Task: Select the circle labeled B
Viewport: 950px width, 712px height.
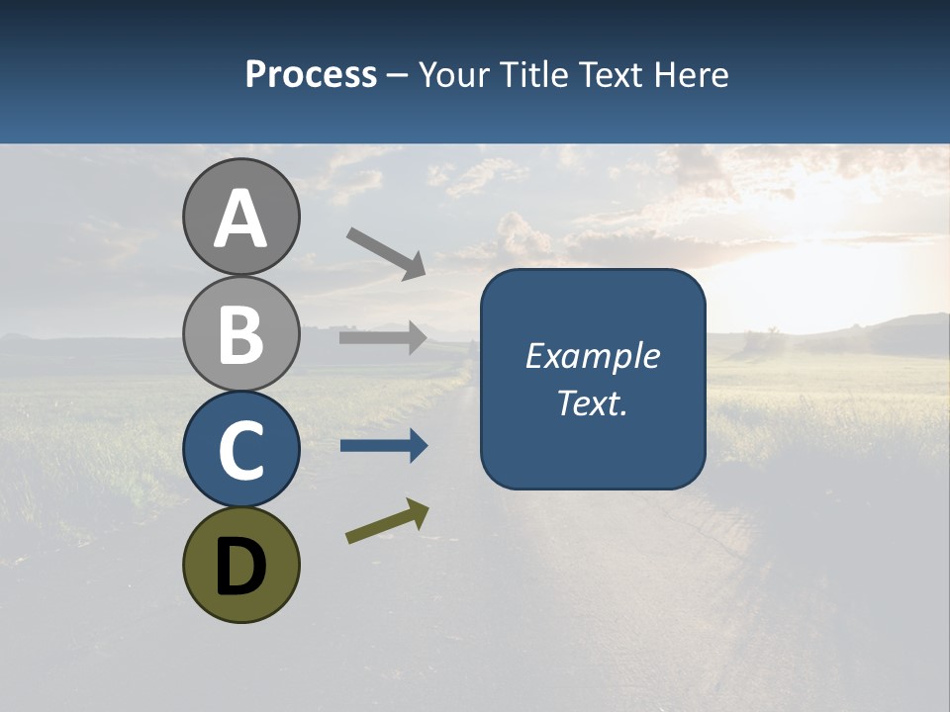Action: (240, 332)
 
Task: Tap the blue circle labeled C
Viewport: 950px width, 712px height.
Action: (240, 449)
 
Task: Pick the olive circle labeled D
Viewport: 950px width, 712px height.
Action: (240, 566)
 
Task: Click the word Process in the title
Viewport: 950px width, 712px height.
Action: (311, 74)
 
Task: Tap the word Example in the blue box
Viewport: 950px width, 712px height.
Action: (592, 356)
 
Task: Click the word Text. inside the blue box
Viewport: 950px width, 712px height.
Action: (592, 402)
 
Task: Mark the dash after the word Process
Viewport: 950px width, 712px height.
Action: (398, 76)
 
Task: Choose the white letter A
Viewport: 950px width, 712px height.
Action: (240, 220)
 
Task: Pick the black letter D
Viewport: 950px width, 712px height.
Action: (240, 568)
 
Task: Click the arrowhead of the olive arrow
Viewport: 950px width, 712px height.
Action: (419, 512)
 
